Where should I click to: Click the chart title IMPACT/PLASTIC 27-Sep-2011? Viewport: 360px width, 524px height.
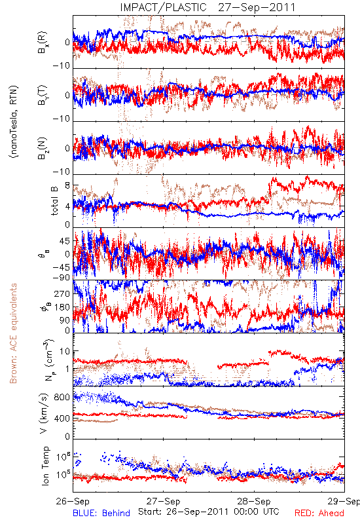click(207, 7)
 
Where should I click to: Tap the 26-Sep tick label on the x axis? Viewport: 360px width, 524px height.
click(73, 501)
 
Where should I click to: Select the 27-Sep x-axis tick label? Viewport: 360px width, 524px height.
click(163, 501)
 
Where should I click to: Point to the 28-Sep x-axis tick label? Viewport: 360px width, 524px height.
click(254, 501)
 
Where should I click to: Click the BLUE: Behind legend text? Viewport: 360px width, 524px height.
click(101, 513)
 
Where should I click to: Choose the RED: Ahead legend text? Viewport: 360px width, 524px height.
click(319, 513)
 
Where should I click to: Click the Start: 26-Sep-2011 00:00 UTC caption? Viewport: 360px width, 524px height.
click(209, 512)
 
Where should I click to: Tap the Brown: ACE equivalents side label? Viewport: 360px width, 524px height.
click(13, 333)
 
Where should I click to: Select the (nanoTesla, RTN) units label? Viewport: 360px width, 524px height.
click(14, 122)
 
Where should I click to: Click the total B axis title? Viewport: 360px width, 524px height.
click(54, 200)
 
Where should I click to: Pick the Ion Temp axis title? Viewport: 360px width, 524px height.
click(45, 466)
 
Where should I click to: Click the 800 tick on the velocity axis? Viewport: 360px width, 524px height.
click(62, 397)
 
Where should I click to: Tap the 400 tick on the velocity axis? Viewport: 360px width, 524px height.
click(62, 419)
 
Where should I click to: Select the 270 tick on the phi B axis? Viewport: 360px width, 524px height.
click(62, 293)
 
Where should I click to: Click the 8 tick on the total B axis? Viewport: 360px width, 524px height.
click(67, 185)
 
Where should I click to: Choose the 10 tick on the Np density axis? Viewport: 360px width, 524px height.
click(65, 351)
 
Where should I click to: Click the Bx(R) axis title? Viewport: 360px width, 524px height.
click(43, 43)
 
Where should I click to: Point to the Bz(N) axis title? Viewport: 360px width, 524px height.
click(43, 149)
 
